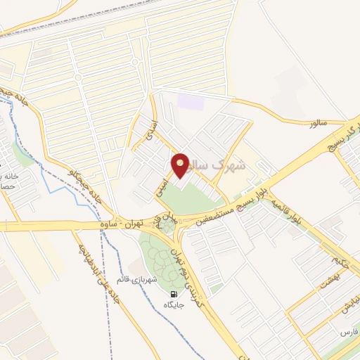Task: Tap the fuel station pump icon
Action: click(173, 294)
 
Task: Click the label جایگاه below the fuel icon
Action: click(173, 305)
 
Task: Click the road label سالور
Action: click(321, 123)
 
